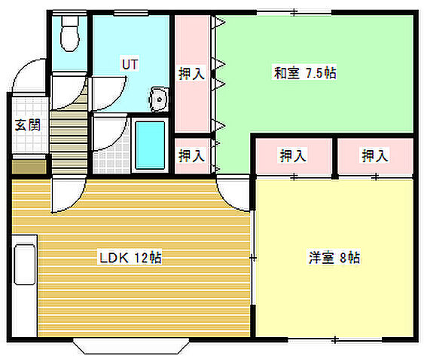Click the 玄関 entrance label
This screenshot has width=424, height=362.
pos(28,125)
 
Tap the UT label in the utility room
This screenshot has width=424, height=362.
pos(129,64)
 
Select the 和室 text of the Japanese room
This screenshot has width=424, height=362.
pos(285,73)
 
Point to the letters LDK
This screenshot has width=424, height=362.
pos(112,258)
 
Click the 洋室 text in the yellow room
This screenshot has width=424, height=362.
pos(319,257)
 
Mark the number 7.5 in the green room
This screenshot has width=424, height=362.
pos(314,73)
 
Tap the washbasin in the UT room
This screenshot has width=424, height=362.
pos(159,99)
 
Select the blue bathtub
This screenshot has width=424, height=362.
pos(150,143)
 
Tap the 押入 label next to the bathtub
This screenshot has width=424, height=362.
pos(192,155)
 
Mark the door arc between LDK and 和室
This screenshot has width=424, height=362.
pos(233,192)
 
